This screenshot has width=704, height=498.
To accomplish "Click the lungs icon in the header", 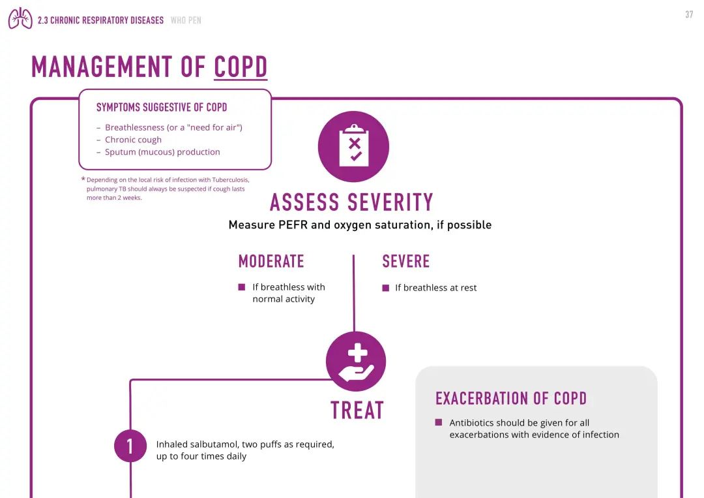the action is (20, 18).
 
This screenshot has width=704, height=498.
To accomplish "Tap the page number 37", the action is (689, 15).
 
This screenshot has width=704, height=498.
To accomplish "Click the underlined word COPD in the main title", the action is (241, 67).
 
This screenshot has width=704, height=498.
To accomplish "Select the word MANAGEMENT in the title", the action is (102, 67).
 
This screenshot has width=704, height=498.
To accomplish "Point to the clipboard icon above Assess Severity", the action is (354, 146).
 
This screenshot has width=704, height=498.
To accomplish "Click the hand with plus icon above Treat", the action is (356, 362).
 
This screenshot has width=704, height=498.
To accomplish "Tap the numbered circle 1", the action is (130, 446).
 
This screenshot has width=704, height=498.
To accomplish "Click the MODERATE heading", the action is (271, 261).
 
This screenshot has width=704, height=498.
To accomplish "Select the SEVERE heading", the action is (406, 261).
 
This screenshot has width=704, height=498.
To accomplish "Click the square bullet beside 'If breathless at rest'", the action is (386, 288).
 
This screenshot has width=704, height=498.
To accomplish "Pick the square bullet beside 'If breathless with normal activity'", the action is (242, 287).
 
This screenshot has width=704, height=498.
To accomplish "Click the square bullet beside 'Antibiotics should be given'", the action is (439, 422).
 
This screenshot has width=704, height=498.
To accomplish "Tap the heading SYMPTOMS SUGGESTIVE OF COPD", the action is (162, 108).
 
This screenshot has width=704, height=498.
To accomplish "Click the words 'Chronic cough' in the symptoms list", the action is (134, 140).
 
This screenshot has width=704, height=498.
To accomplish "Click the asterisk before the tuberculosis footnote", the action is (83, 179).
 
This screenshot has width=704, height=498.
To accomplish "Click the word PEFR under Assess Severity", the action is (293, 225).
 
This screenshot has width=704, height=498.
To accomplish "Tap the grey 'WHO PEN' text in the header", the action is (186, 20).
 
